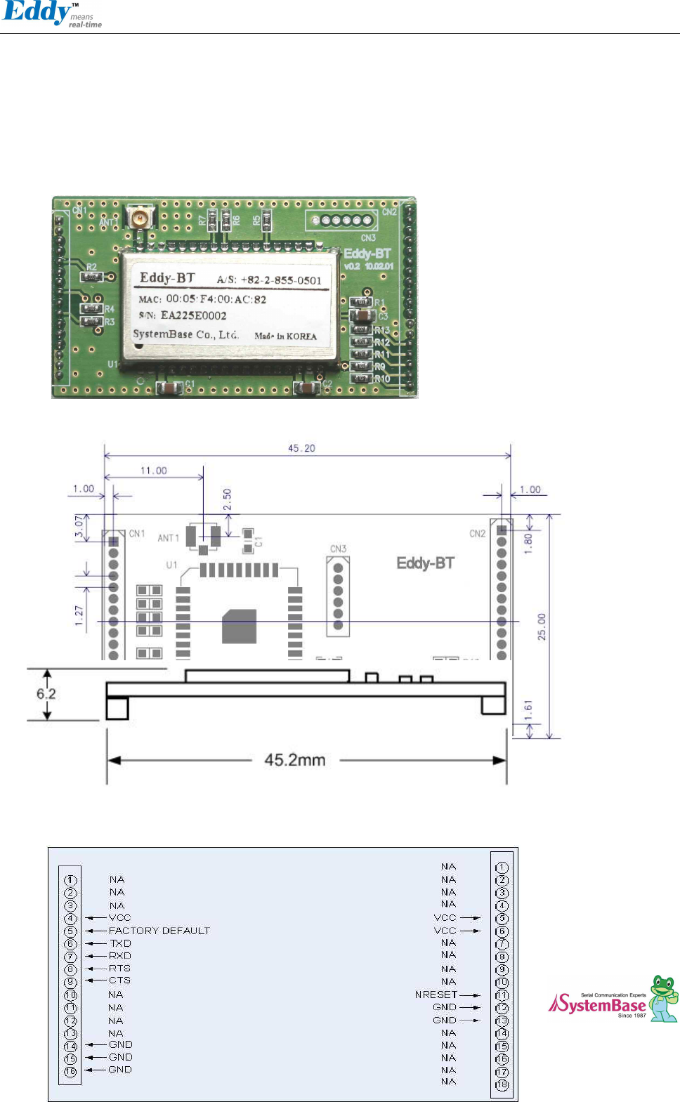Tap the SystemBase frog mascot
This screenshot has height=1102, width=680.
click(x=663, y=997)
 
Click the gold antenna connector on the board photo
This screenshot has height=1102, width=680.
click(x=140, y=218)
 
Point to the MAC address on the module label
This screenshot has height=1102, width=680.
click(x=216, y=299)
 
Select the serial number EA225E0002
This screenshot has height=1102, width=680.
click(x=193, y=316)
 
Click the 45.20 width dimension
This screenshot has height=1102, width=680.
click(x=301, y=448)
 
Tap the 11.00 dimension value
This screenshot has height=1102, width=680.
click(x=154, y=471)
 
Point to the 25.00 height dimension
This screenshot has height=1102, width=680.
click(x=542, y=627)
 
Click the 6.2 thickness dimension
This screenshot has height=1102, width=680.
click(x=46, y=694)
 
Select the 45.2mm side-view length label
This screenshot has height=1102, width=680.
click(x=294, y=760)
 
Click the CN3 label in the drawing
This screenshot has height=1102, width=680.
click(x=338, y=549)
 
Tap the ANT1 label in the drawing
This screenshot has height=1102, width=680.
click(x=169, y=538)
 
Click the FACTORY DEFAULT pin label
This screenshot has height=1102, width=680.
click(x=159, y=931)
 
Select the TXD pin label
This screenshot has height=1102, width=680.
click(x=120, y=943)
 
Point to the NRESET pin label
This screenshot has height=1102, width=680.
click(x=436, y=995)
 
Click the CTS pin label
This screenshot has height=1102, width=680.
click(x=119, y=980)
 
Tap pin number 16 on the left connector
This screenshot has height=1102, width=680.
click(x=70, y=1072)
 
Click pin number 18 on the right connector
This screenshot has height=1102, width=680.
click(x=502, y=1085)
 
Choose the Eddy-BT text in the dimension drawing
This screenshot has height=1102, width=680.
click(x=425, y=563)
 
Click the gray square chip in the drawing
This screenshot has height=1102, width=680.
click(x=239, y=626)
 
